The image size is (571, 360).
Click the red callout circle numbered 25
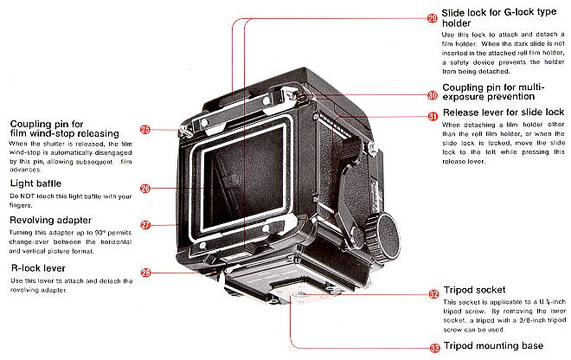[x=145, y=130]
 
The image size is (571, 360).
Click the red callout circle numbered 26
[x=145, y=188]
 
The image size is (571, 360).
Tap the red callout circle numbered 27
[x=145, y=225]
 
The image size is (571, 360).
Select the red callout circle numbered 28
[x=145, y=273]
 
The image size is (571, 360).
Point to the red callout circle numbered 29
[x=432, y=17]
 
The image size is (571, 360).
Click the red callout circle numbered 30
[x=432, y=95]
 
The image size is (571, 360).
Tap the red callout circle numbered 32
[x=432, y=294]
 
